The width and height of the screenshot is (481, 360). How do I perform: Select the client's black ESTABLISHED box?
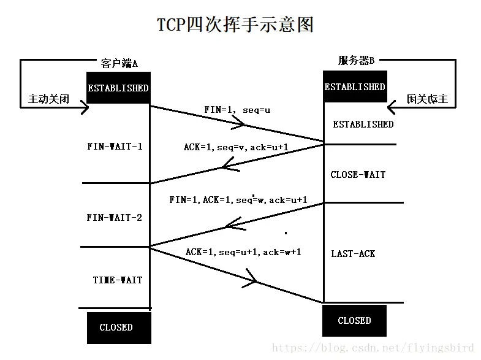pyautogui.click(x=118, y=88)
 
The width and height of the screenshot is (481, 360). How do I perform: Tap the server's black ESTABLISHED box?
pyautogui.click(x=355, y=88)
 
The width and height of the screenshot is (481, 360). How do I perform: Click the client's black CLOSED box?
pyautogui.click(x=116, y=327)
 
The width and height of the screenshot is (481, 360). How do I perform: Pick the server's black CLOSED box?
pyautogui.click(x=354, y=320)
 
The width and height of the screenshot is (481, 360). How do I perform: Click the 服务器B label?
pyautogui.click(x=356, y=60)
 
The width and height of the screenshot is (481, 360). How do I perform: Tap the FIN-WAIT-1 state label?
pyautogui.click(x=115, y=147)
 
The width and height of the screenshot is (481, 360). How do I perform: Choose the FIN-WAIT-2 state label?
pyautogui.click(x=115, y=217)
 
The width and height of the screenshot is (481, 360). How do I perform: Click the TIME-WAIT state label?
pyautogui.click(x=118, y=280)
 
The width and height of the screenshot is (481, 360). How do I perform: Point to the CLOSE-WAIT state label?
pyautogui.click(x=358, y=175)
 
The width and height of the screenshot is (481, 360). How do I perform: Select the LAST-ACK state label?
pyautogui.click(x=353, y=254)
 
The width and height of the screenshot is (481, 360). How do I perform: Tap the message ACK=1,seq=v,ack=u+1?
pyautogui.click(x=236, y=147)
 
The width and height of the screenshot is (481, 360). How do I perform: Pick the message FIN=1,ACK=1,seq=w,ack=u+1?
pyautogui.click(x=238, y=201)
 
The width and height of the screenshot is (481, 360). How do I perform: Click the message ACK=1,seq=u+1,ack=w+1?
pyautogui.click(x=243, y=252)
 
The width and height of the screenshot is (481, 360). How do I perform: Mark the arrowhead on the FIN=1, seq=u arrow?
pyautogui.click(x=241, y=124)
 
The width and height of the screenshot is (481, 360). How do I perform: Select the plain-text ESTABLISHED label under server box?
pyautogui.click(x=363, y=124)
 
